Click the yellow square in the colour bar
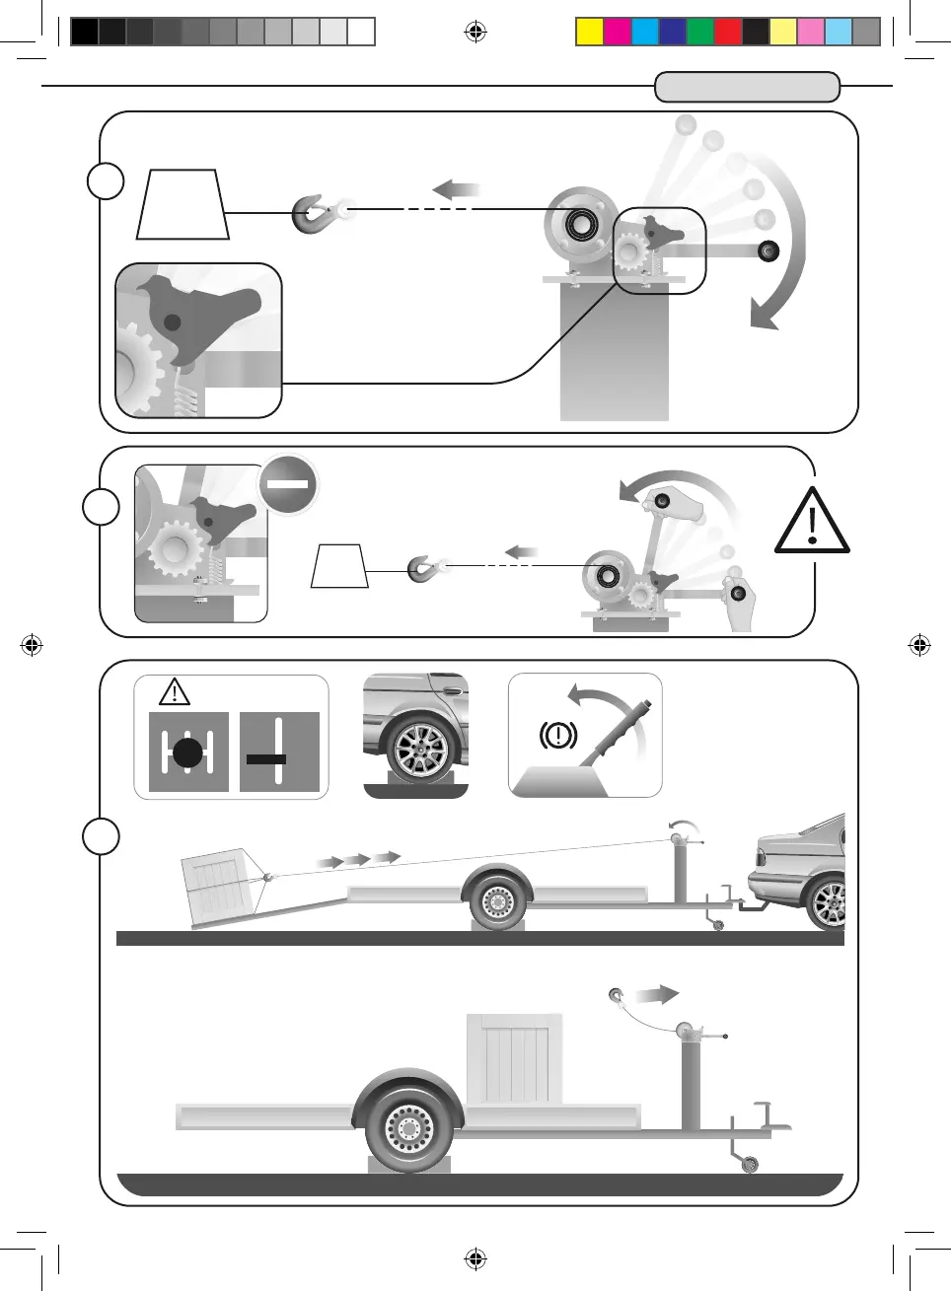click(x=589, y=32)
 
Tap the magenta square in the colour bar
click(x=617, y=32)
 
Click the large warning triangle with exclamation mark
click(x=812, y=522)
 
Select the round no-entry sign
click(x=288, y=484)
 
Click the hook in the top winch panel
click(x=314, y=213)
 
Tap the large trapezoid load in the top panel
click(x=183, y=205)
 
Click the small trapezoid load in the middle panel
click(x=339, y=567)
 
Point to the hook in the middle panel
click(x=423, y=569)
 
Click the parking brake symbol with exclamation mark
click(x=557, y=735)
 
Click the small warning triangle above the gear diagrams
click(x=175, y=691)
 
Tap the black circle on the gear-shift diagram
click(x=187, y=753)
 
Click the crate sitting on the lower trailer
click(x=514, y=1059)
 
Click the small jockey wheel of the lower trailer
click(x=750, y=1165)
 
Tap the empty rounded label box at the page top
click(x=747, y=87)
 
